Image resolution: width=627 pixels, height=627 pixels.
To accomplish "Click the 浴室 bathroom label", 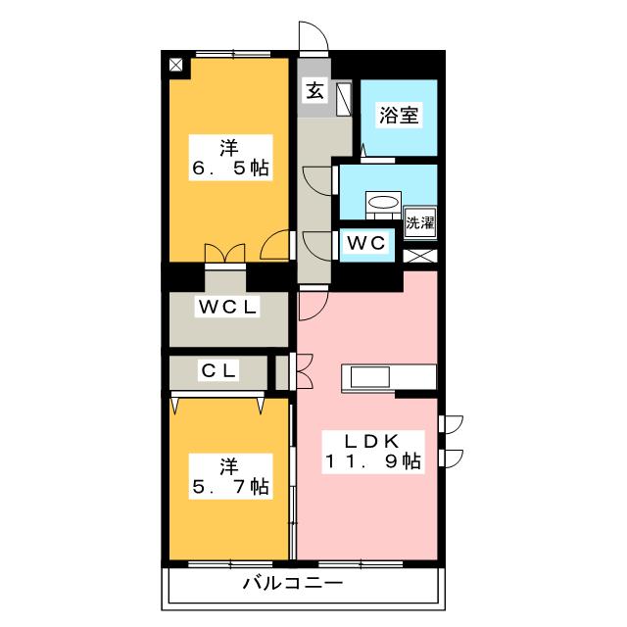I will point(399,116).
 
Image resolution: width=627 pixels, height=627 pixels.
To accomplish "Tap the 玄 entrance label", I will point(314,91).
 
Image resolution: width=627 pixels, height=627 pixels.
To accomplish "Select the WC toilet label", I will point(366,241).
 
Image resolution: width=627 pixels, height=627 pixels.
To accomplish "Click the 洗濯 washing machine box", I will point(420,221).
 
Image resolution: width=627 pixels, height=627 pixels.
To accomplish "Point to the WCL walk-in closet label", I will point(227,307).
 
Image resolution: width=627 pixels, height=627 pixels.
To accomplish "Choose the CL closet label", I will point(217,371).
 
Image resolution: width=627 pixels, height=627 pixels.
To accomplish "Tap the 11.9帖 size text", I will point(372,461).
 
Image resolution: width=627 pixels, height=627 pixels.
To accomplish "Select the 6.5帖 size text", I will point(229,169).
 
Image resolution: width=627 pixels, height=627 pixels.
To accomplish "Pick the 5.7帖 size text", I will point(229,486).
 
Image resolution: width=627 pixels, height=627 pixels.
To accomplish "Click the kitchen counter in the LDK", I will point(388,378).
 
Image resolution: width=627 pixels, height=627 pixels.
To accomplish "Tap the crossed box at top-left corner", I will point(176,66).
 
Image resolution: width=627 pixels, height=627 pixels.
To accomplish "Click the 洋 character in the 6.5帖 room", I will point(229,148).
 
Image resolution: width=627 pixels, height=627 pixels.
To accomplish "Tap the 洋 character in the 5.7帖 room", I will point(229,464).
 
